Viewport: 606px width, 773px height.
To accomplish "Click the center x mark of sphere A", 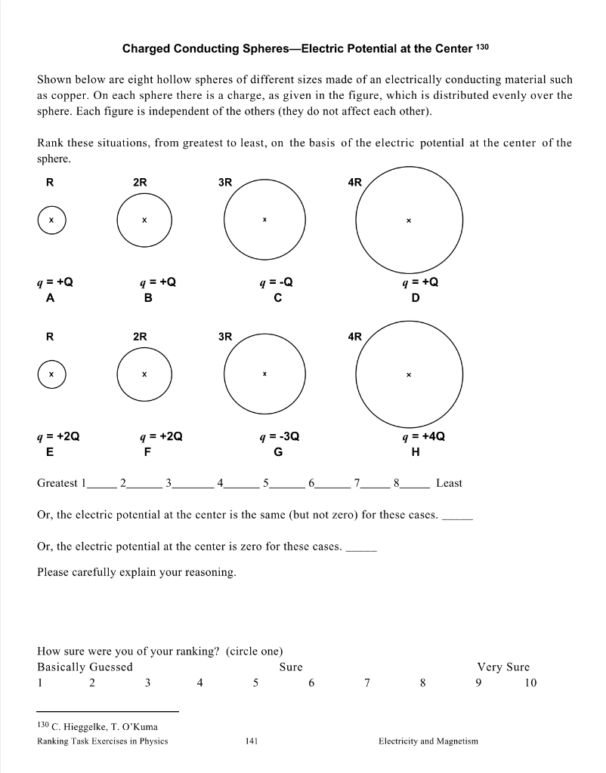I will (x=51, y=220).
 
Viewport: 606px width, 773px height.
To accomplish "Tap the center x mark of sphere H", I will (x=408, y=374).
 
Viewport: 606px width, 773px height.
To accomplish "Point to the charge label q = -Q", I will (x=276, y=282).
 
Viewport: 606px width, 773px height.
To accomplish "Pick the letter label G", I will (x=278, y=452).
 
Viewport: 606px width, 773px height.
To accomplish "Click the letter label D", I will (x=415, y=298).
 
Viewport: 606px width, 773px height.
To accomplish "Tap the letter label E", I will (x=50, y=452).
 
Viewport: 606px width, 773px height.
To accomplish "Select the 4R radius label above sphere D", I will (x=355, y=182).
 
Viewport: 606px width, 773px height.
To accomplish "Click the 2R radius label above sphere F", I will (x=140, y=336).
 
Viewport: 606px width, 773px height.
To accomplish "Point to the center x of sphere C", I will (x=264, y=220).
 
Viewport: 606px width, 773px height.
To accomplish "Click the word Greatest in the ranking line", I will (x=57, y=483).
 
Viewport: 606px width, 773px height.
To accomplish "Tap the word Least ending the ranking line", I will (x=449, y=483).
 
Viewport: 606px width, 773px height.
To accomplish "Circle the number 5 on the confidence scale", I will (x=255, y=683).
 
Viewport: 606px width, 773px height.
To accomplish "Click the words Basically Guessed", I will (x=85, y=667).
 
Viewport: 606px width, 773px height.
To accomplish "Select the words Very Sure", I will (x=503, y=667).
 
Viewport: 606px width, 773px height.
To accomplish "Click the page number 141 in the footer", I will (x=252, y=741).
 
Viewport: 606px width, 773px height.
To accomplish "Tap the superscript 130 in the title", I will (x=484, y=48).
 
